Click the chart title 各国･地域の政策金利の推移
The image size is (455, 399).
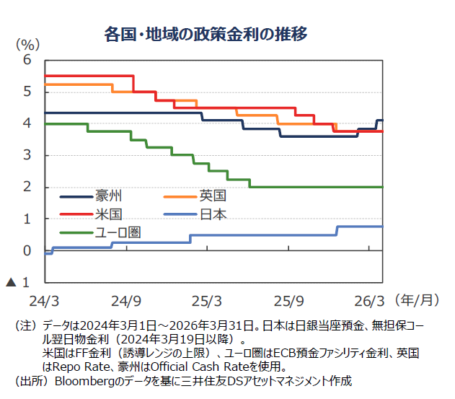(x=206, y=33)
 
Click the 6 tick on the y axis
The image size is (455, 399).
(x=27, y=60)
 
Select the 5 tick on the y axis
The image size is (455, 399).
(x=27, y=92)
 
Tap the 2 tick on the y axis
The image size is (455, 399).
(x=27, y=187)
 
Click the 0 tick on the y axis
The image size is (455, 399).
(x=27, y=251)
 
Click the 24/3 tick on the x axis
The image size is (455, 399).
(x=45, y=299)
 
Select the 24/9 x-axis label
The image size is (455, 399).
(x=127, y=299)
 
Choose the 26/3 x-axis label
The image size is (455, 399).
(x=371, y=299)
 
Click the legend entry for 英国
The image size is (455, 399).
(x=213, y=196)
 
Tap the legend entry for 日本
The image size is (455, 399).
(x=213, y=214)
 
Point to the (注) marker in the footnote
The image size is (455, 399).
(x=27, y=327)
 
